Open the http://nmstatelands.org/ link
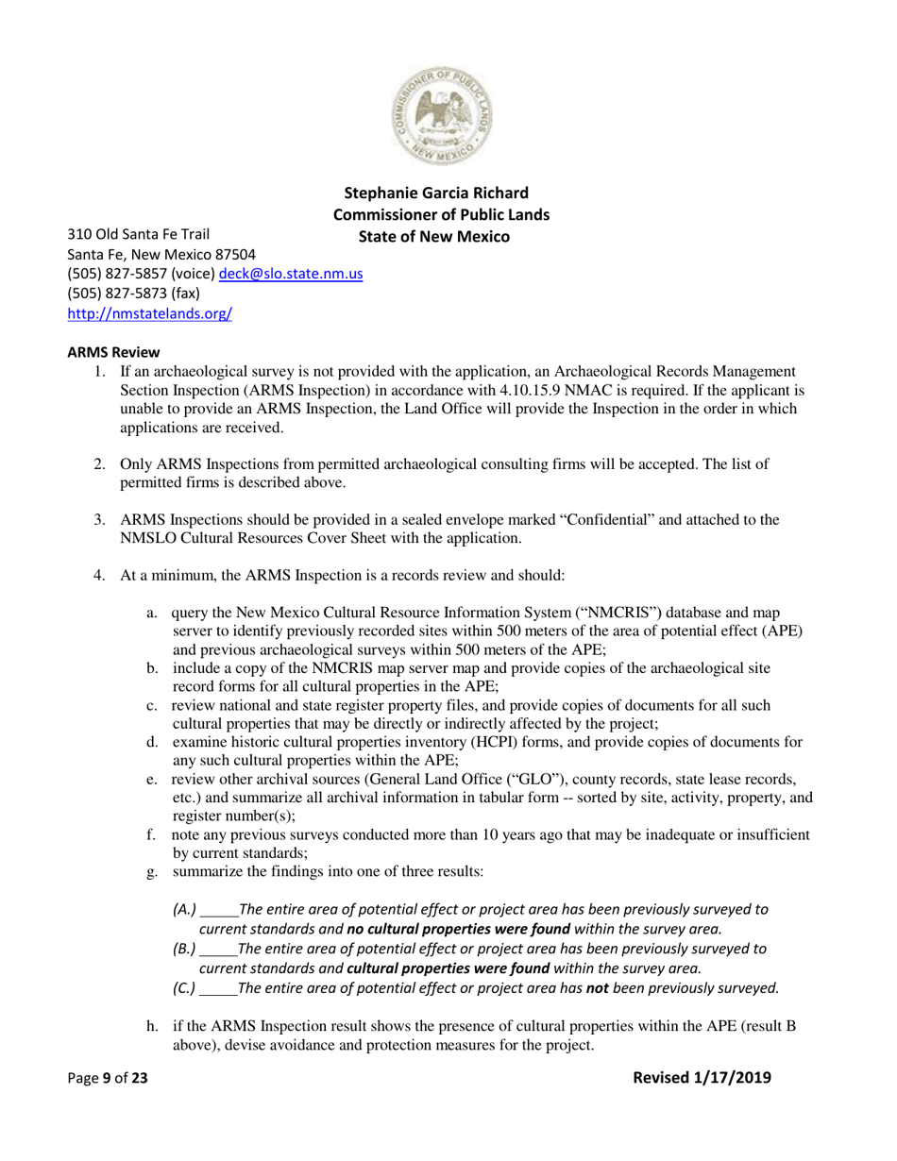[x=149, y=315]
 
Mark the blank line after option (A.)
[x=221, y=910]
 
